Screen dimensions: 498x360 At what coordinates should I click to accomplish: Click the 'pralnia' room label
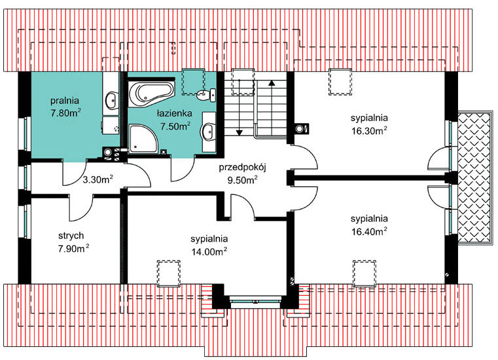pyautogui.click(x=65, y=101)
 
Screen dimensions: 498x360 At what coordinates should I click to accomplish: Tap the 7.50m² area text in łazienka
pyautogui.click(x=175, y=126)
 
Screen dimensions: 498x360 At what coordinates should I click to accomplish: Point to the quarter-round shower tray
pyautogui.click(x=143, y=139)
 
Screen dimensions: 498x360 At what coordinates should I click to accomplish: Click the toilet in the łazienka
pyautogui.click(x=206, y=94)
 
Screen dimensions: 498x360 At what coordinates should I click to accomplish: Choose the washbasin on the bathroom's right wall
pyautogui.click(x=209, y=131)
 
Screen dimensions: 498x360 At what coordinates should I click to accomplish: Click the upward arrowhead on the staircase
pyautogui.click(x=272, y=83)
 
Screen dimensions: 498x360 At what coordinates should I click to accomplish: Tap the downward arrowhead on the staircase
pyautogui.click(x=239, y=132)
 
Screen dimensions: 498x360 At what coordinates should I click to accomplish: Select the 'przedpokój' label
pyautogui.click(x=242, y=168)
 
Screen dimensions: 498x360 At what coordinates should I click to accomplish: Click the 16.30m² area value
pyautogui.click(x=369, y=130)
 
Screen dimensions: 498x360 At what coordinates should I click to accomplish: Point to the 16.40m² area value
pyautogui.click(x=369, y=231)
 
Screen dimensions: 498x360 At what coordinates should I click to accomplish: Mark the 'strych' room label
pyautogui.click(x=71, y=236)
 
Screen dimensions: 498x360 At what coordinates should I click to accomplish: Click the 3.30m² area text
pyautogui.click(x=98, y=179)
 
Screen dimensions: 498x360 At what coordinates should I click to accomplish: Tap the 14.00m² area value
pyautogui.click(x=209, y=251)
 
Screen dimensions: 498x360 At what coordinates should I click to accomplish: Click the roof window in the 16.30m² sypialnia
pyautogui.click(x=340, y=81)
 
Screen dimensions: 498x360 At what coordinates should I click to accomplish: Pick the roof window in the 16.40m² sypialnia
pyautogui.click(x=365, y=274)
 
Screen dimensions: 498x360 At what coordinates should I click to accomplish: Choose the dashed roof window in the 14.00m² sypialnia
pyautogui.click(x=169, y=274)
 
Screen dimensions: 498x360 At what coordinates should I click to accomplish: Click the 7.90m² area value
pyautogui.click(x=73, y=248)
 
